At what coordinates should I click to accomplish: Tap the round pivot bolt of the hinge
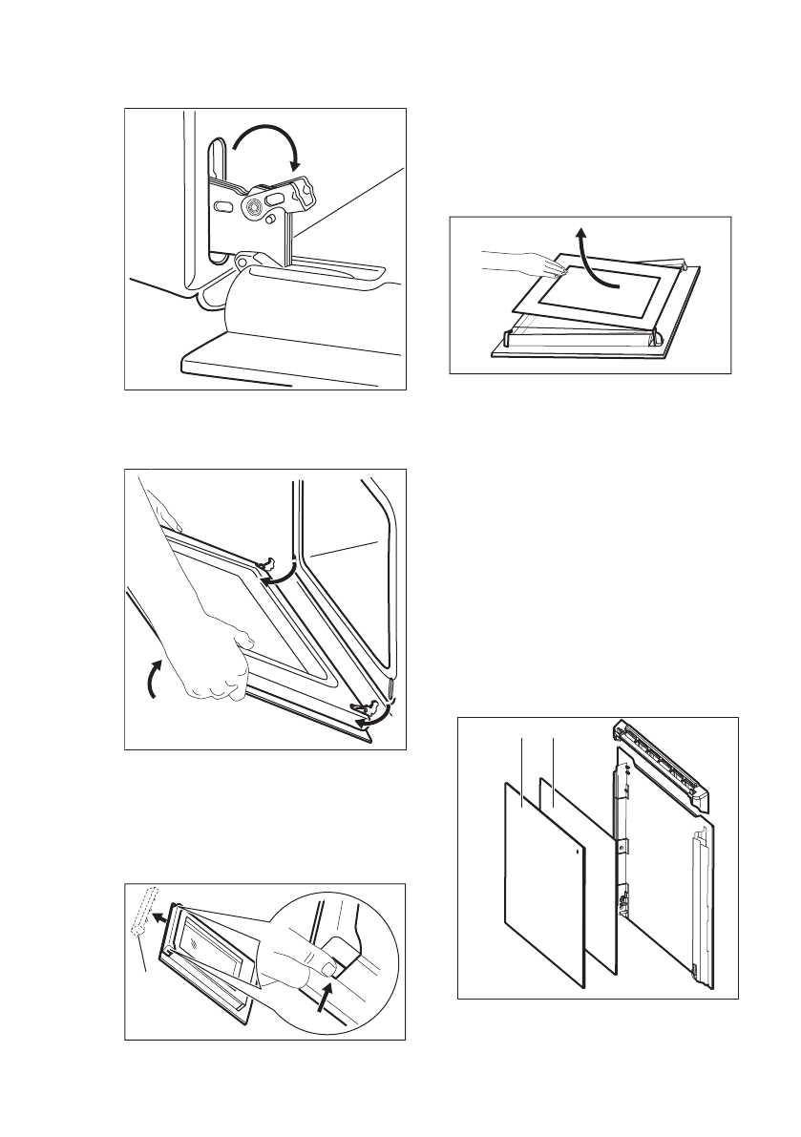[x=256, y=206]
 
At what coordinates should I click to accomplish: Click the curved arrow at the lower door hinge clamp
[x=381, y=711]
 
